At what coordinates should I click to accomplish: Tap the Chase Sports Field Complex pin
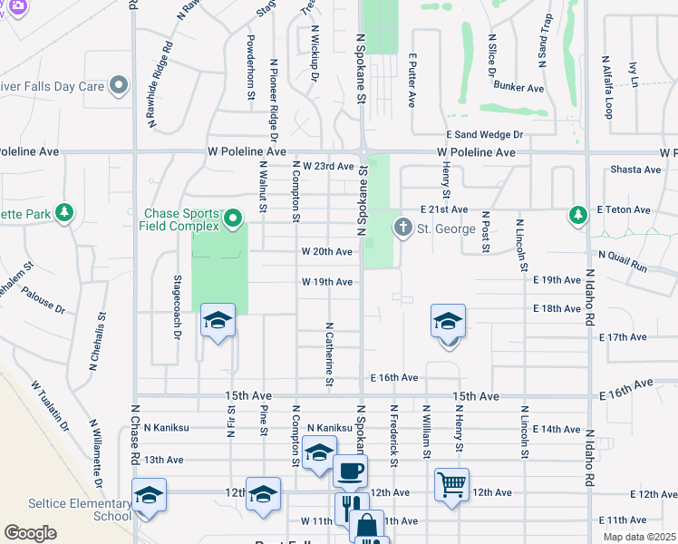(x=233, y=219)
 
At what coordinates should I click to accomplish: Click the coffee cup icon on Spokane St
(x=350, y=471)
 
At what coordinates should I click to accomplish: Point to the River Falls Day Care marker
(x=118, y=86)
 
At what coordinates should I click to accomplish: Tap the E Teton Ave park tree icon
(x=576, y=215)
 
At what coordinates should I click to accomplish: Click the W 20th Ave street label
(x=327, y=251)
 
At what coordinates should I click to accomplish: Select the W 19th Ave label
(x=327, y=282)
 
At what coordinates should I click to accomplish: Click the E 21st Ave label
(x=443, y=209)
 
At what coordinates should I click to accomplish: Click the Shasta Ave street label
(x=635, y=170)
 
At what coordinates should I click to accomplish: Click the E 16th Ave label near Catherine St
(x=393, y=377)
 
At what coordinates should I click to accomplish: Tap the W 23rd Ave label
(x=328, y=166)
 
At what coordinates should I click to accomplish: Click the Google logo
(x=30, y=533)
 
